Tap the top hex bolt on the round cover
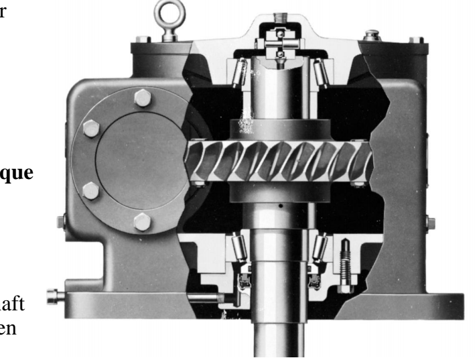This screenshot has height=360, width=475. [143, 99]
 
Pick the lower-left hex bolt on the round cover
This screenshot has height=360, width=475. [90, 190]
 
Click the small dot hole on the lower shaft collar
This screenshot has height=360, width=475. [281, 208]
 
